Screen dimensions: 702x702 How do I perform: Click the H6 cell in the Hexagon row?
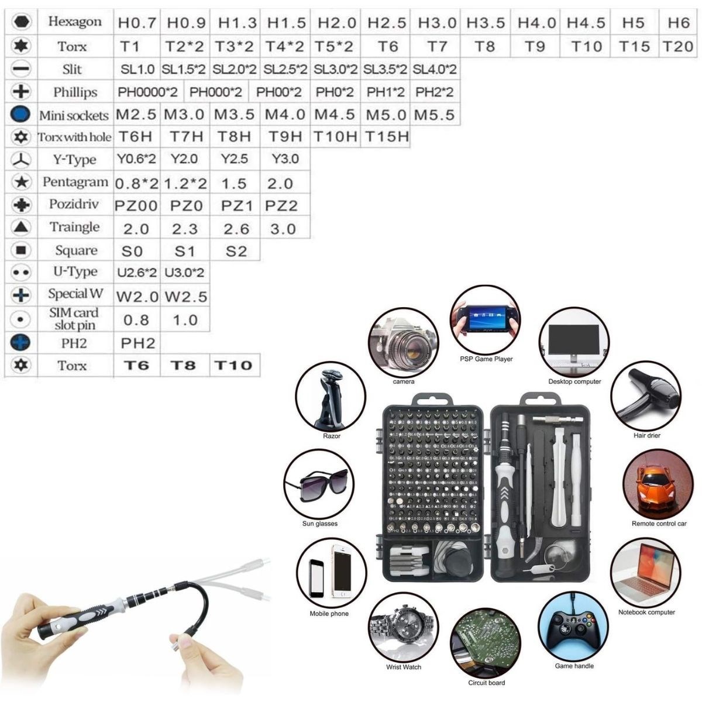pos(678,23)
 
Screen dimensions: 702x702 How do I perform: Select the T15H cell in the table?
pos(387,137)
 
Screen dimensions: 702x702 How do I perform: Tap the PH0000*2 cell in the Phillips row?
pos(149,92)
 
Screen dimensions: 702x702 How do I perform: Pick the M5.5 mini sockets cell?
pos(434,114)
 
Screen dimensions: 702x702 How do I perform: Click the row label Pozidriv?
pos(74,205)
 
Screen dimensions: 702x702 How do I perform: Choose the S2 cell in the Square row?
pos(236,252)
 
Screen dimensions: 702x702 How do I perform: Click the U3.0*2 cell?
pos(184,273)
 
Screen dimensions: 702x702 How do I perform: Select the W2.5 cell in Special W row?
pos(185,297)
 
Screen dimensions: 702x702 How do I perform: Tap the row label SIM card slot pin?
pos(74,319)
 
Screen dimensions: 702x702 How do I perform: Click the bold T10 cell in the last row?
pos(233,366)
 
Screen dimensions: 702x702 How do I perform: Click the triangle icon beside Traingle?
pos(21,228)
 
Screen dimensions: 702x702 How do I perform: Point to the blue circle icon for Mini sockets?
pos(20,114)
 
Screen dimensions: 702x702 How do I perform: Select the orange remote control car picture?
pos(658,484)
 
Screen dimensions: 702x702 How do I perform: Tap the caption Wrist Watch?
pos(404,667)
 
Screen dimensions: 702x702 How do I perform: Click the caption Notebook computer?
pos(646,612)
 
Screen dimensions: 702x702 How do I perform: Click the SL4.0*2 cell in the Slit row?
pos(435,70)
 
